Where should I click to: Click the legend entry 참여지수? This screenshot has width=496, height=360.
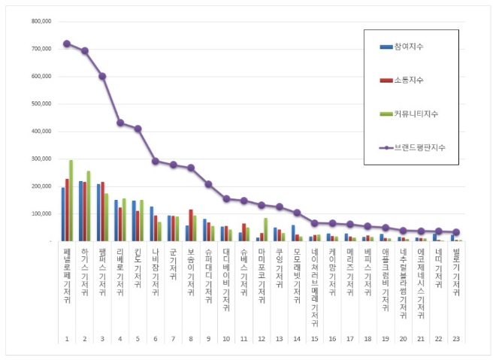point(407,47)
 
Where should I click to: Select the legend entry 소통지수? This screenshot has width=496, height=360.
point(407,80)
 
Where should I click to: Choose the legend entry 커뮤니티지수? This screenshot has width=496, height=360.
point(412,113)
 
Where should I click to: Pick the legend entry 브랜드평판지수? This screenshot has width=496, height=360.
point(417,147)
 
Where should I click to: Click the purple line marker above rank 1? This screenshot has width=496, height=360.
point(67,44)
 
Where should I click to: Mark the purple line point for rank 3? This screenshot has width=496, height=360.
point(102,76)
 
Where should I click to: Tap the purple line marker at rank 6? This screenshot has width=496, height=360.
point(155,161)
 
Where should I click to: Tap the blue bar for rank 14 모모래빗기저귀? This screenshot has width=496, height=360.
point(293,233)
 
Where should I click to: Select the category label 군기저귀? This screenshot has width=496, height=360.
point(173,263)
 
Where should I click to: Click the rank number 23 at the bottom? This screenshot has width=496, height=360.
point(455,338)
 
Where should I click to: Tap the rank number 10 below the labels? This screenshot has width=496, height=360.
point(225,338)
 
